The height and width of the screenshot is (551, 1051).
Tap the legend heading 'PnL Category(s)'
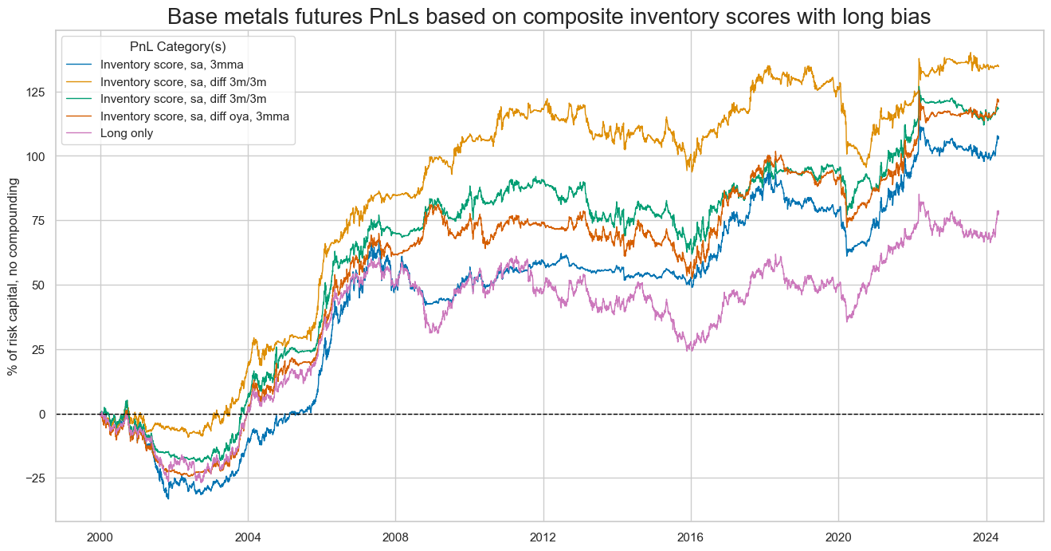pos(178,47)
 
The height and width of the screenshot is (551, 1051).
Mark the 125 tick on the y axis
pos(37,92)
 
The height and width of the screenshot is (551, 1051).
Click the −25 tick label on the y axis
pos(36,478)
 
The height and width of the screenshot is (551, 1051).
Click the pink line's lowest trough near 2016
pos(689,350)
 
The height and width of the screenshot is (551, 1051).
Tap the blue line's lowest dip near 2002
pos(167,498)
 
